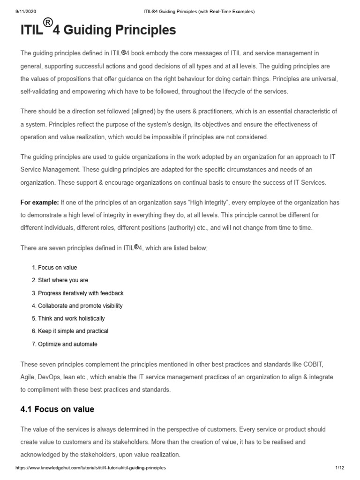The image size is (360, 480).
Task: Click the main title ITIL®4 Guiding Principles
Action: [98, 30]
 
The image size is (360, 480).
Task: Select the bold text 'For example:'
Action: [40, 202]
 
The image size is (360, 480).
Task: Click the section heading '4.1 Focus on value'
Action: [57, 409]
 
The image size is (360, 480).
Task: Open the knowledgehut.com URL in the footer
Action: [91, 468]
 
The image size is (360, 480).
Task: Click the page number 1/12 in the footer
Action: [340, 468]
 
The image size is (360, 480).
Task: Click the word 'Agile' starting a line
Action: [28, 377]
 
